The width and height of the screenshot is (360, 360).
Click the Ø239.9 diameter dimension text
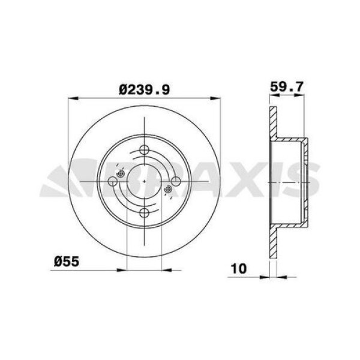coord(146,89)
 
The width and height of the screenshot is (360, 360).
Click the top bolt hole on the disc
coord(145,151)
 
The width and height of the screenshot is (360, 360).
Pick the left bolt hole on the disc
coord(114,181)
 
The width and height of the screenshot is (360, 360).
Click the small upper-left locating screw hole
coord(122,173)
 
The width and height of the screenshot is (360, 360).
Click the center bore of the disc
coord(145,181)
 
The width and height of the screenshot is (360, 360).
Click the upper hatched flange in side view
coord(274,123)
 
